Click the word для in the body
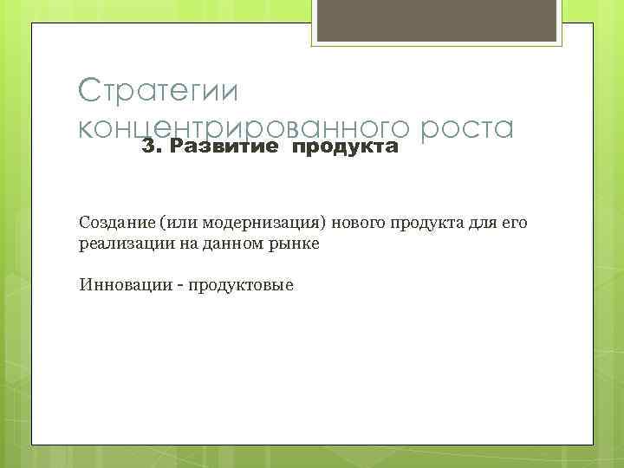(474, 224)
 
